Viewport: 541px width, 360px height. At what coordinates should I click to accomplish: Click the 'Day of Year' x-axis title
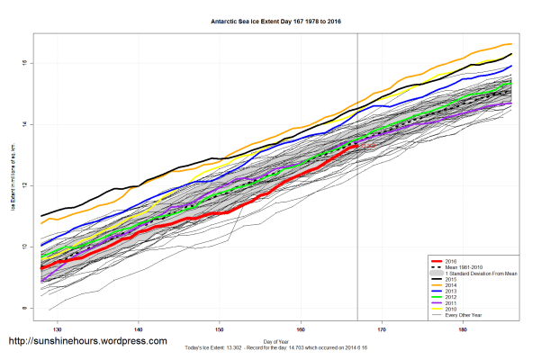(275, 340)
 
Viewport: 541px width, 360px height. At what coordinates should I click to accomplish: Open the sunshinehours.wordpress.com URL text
(87, 342)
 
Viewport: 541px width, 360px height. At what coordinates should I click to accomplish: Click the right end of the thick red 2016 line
(356, 143)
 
